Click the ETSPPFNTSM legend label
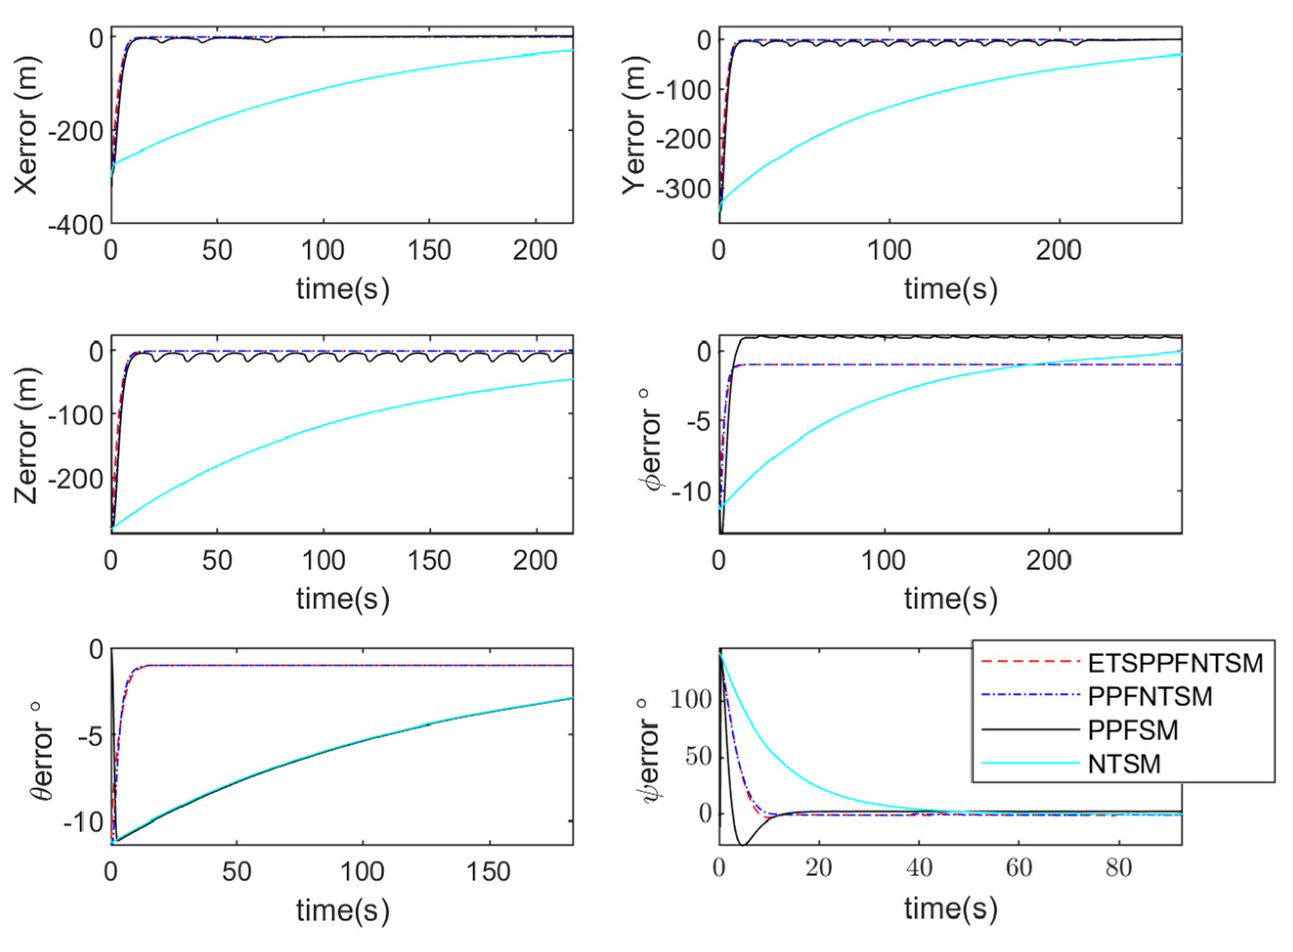[1175, 663]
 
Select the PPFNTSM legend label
[1149, 697]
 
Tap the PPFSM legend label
[1133, 730]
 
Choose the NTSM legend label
[1123, 764]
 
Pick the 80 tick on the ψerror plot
[1119, 868]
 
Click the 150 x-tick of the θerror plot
[489, 872]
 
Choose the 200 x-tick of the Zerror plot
[535, 560]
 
